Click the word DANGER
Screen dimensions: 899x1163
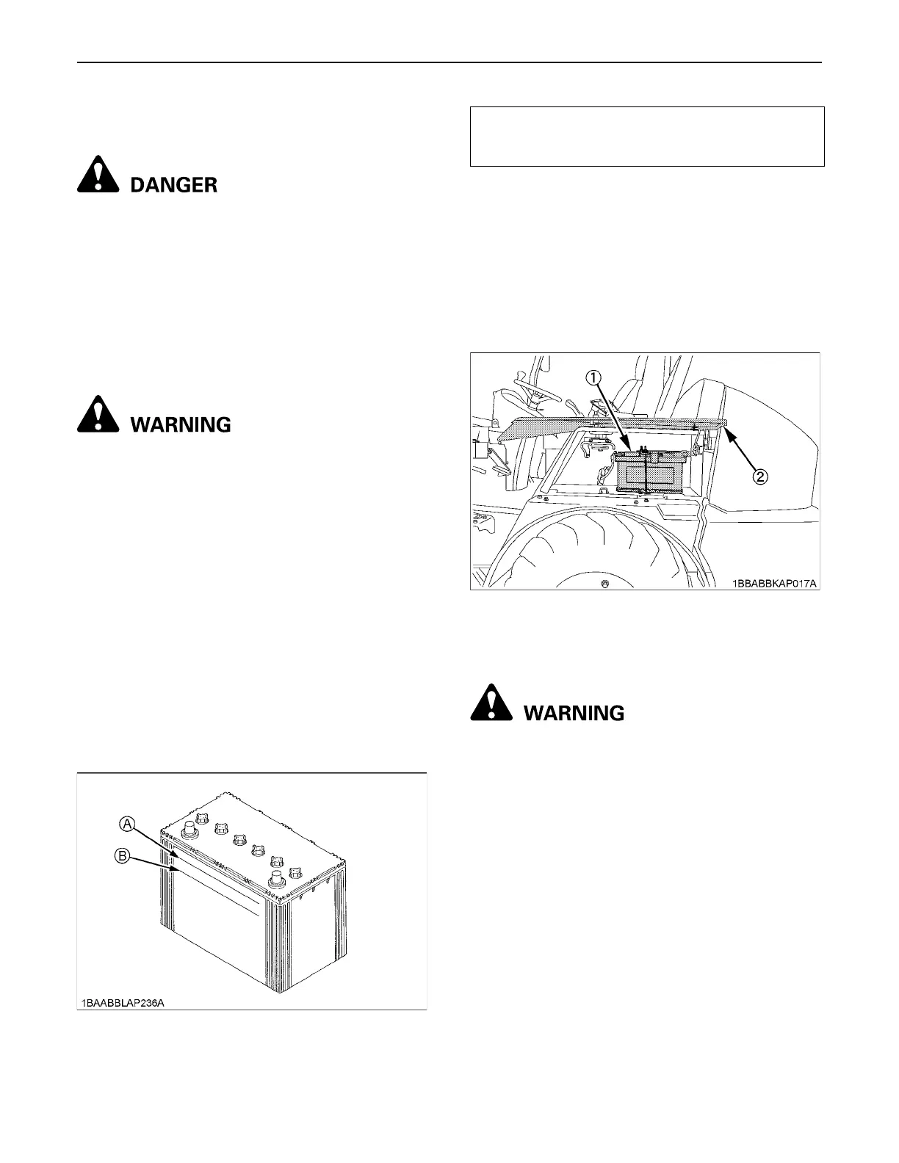tap(173, 185)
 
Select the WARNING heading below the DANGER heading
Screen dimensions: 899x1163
tap(180, 424)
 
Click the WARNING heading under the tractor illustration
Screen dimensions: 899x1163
tap(574, 713)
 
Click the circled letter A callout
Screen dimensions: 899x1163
tap(127, 826)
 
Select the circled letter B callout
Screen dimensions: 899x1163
tap(123, 855)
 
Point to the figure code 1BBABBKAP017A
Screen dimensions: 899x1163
tap(773, 584)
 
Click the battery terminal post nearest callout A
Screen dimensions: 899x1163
tap(189, 830)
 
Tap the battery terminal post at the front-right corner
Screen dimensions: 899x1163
tap(277, 880)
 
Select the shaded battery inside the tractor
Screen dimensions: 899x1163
tap(650, 473)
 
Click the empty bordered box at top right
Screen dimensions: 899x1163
tap(646, 137)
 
